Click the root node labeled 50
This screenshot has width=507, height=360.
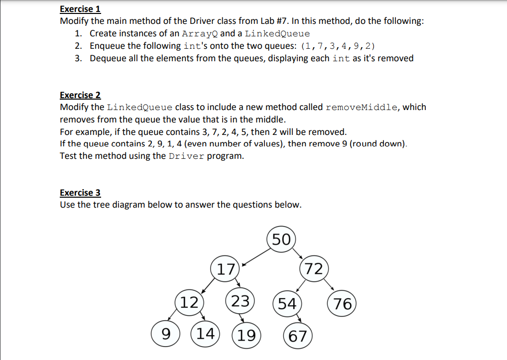pos(281,240)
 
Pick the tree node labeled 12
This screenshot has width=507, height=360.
pos(189,302)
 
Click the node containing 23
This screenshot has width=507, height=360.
pos(241,301)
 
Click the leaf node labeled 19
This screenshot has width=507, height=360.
pos(246,335)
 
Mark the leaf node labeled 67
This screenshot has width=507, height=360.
pos(298,335)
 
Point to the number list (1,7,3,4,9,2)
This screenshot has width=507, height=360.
pos(339,46)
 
